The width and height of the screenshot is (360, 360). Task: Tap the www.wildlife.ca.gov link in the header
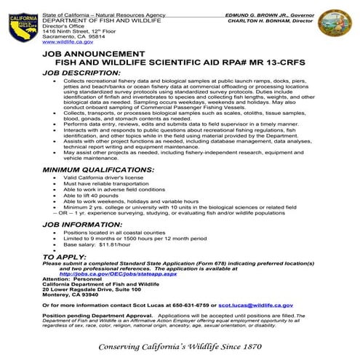coord(65,43)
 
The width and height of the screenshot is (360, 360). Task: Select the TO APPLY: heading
coord(63,257)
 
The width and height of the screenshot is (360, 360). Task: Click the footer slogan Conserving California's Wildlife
coord(180,345)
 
